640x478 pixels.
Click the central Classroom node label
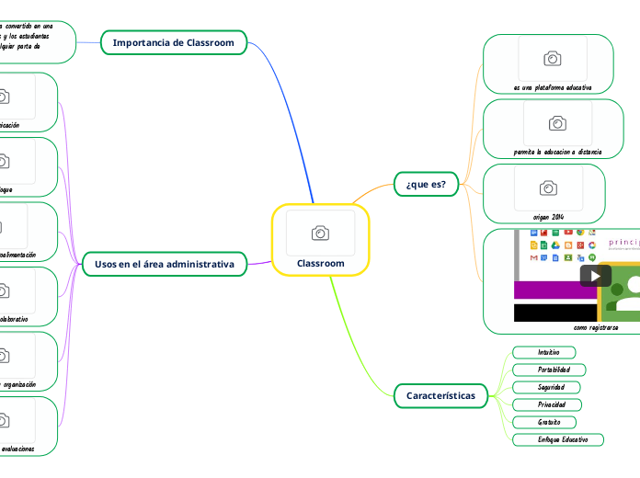click(x=321, y=264)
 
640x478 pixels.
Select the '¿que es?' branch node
click(x=426, y=184)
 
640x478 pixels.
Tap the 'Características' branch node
click(x=440, y=395)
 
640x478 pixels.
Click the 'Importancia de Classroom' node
click(x=173, y=42)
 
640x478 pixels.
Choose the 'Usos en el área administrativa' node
click(x=165, y=265)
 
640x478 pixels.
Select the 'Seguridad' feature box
click(x=552, y=387)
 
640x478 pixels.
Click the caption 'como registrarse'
click(x=596, y=327)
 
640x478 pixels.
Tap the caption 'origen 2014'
click(x=548, y=215)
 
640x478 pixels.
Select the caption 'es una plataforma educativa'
click(x=553, y=87)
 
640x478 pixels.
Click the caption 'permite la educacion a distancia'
click(x=558, y=151)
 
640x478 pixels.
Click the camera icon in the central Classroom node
click(x=320, y=233)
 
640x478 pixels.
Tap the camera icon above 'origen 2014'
click(x=548, y=188)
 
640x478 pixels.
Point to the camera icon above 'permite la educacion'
click(x=556, y=123)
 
